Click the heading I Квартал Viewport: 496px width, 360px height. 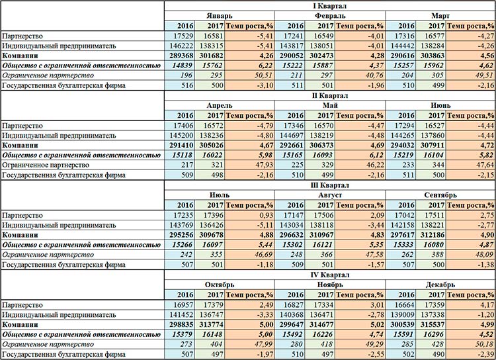tap(330, 6)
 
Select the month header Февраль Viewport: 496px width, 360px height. tap(330, 16)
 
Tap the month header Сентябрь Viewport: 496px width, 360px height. tap(440, 195)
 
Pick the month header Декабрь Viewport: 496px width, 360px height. tap(440, 285)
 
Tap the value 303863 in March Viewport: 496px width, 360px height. tap(433, 56)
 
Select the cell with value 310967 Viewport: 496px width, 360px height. tap(321, 235)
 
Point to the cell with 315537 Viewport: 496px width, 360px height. tap(433, 324)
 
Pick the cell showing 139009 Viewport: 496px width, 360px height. tap(402, 315)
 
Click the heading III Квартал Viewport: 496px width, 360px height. tap(330, 185)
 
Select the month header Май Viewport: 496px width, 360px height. tap(330, 105)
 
